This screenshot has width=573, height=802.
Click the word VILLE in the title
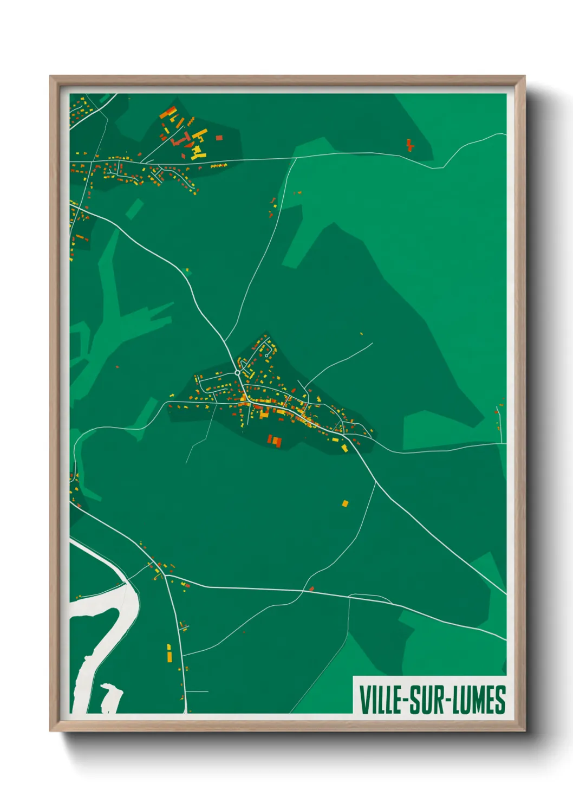coord(380,700)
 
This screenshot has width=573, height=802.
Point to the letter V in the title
coord(363,700)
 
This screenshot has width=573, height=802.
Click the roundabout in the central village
coord(237,373)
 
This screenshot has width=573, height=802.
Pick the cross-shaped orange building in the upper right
coord(410,145)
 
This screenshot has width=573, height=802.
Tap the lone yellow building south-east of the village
coord(345,503)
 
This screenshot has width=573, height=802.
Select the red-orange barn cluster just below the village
coord(275,441)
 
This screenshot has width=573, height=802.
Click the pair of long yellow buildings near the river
coord(168,653)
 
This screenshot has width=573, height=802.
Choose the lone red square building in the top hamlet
coord(219,138)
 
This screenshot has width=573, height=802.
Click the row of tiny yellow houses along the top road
coord(218,165)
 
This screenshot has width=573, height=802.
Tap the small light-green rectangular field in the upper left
coord(134,209)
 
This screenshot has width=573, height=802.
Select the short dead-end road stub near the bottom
coord(197,691)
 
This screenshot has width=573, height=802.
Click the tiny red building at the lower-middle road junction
coord(311,588)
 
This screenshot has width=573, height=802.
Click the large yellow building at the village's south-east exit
coord(343,448)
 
